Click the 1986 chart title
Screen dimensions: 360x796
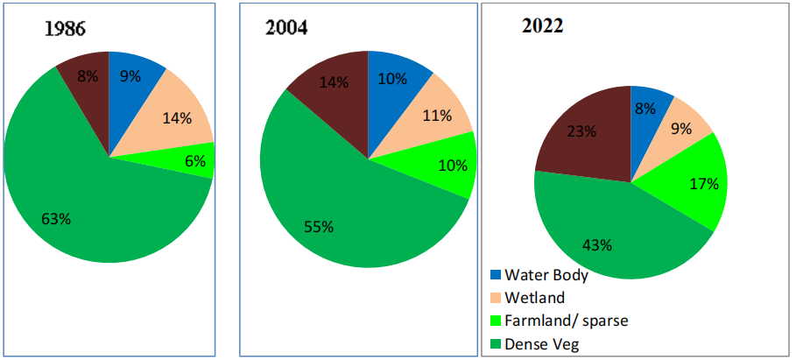pyautogui.click(x=66, y=28)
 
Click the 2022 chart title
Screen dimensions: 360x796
pyautogui.click(x=542, y=26)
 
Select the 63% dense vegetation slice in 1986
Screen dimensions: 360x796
pyautogui.click(x=88, y=210)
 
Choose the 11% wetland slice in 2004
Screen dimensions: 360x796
pyautogui.click(x=436, y=114)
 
